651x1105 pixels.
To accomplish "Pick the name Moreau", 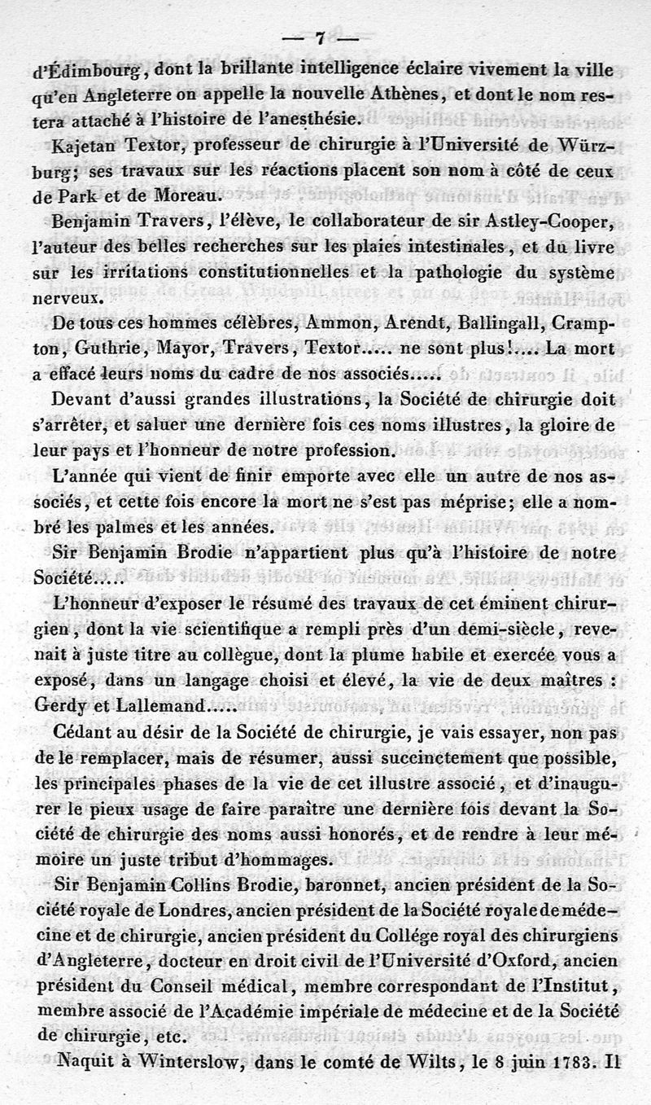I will click(x=188, y=196).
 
